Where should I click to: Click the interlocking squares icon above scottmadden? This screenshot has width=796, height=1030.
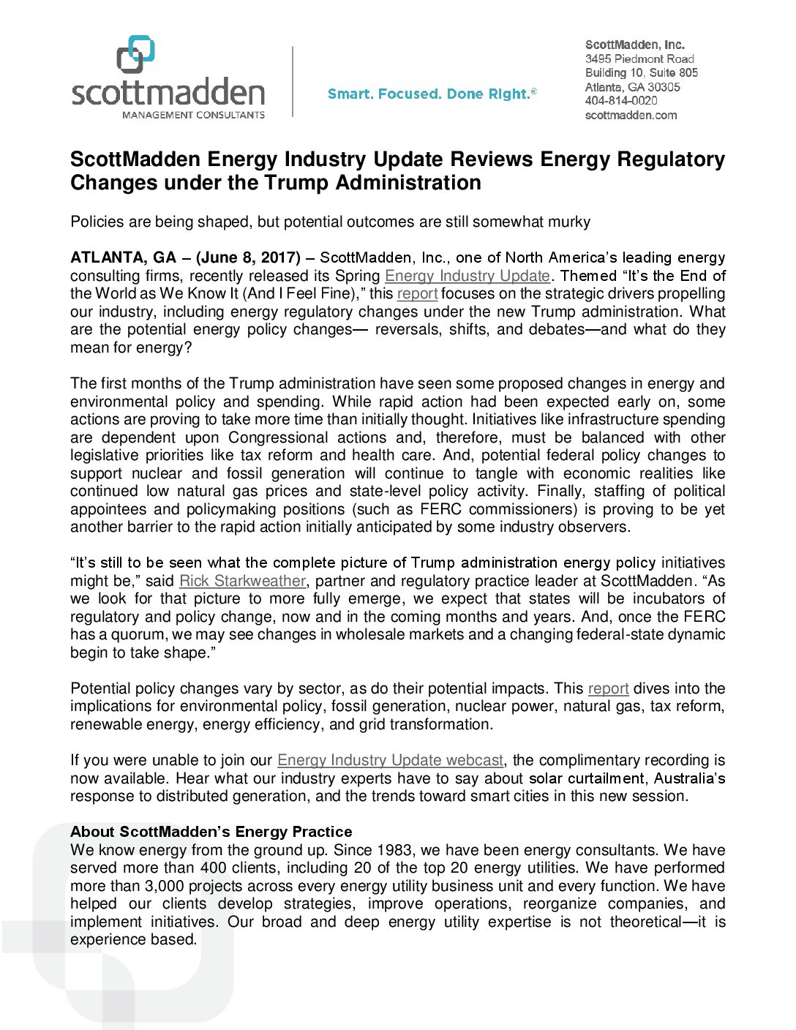136,54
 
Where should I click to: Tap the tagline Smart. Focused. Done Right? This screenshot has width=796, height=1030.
432,94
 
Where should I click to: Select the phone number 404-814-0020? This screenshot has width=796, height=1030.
621,101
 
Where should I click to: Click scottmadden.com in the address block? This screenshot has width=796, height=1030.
631,115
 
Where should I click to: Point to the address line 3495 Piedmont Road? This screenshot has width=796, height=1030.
639,59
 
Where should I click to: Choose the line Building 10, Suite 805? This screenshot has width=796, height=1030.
642,72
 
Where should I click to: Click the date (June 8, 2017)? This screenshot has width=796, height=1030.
248,257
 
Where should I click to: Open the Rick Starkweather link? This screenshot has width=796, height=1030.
242,581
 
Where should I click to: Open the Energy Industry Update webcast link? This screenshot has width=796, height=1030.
390,760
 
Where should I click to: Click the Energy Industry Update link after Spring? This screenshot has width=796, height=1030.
467,276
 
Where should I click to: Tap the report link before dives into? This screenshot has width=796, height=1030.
608,688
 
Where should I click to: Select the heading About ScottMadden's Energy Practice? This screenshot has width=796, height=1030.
211,832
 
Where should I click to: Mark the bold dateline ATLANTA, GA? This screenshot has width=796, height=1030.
123,257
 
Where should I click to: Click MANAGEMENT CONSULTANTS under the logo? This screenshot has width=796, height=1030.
193,115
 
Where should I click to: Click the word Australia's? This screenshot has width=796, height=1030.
689,778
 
